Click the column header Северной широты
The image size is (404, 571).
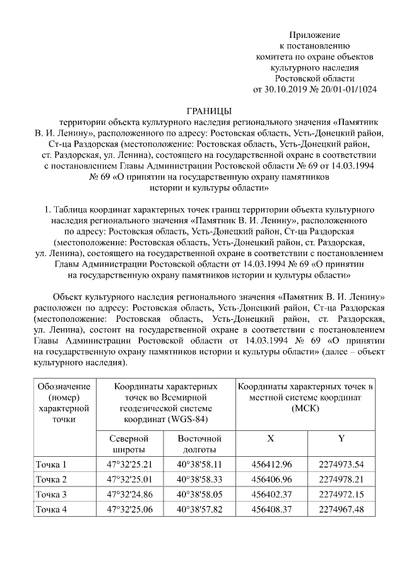click(128, 444)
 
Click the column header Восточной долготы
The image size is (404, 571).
click(199, 444)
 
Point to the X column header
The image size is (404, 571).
click(271, 438)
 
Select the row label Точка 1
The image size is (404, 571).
click(52, 465)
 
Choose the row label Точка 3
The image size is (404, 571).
click(52, 494)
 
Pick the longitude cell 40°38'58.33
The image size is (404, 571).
click(199, 480)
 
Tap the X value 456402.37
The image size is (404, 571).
click(271, 494)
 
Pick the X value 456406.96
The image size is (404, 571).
click(271, 480)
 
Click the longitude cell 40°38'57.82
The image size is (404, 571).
click(199, 509)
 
